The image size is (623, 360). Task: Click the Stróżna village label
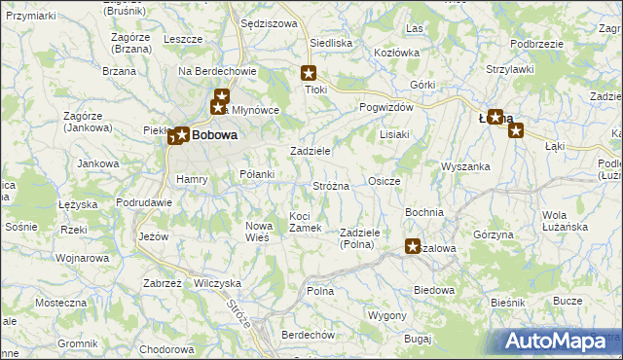point(330,185)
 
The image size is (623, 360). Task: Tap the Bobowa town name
point(214,136)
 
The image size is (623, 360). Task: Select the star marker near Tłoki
point(310,72)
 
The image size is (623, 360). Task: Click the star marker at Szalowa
point(413,247)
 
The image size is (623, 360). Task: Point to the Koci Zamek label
point(306,221)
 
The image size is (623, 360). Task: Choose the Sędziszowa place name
point(268,22)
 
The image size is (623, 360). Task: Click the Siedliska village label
point(330,43)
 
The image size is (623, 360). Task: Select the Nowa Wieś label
point(257,232)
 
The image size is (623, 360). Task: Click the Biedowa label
point(434,290)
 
